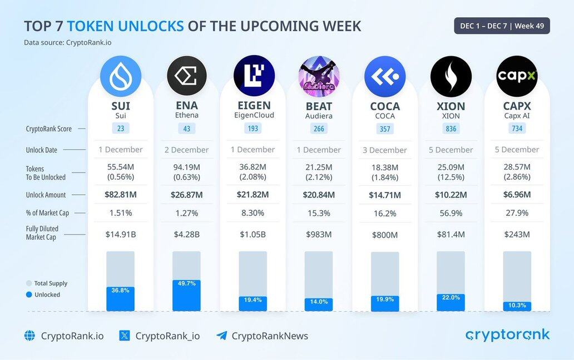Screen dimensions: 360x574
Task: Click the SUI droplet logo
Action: [121, 76]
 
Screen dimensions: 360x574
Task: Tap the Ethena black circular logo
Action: [187, 76]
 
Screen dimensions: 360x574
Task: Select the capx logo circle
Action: [517, 76]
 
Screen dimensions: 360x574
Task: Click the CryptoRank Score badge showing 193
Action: [253, 129]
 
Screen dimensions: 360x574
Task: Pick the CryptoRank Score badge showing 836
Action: [451, 129]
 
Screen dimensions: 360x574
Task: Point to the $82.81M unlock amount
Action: [121, 195]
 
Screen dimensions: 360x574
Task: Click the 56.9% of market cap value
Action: [451, 213]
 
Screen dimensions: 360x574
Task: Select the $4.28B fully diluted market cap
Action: [187, 234]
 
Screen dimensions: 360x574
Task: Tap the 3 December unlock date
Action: [385, 150]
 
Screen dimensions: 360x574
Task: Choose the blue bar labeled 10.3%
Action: [517, 306]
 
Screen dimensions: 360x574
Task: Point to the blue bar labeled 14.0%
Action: [319, 304]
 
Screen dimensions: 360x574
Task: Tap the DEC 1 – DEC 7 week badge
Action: [502, 26]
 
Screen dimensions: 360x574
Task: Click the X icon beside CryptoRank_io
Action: [125, 336]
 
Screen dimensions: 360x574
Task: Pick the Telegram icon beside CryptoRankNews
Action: [222, 336]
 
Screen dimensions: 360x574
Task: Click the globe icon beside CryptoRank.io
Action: [29, 336]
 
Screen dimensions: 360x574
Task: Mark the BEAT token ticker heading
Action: [319, 106]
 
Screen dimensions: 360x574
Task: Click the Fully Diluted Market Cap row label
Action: [41, 233]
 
